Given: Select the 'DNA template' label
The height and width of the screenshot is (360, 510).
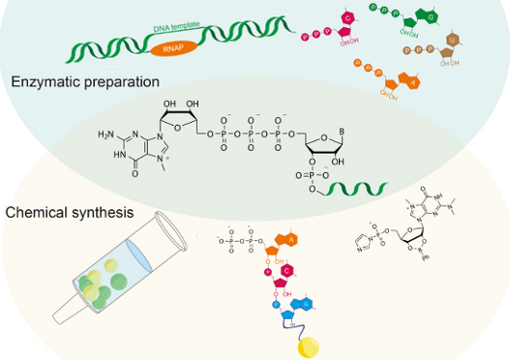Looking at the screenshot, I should pyautogui.click(x=177, y=34).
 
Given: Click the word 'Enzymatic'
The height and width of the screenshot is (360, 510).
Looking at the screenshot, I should pyautogui.click(x=42, y=83).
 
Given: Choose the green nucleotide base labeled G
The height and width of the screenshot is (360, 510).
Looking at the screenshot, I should pyautogui.click(x=432, y=19).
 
